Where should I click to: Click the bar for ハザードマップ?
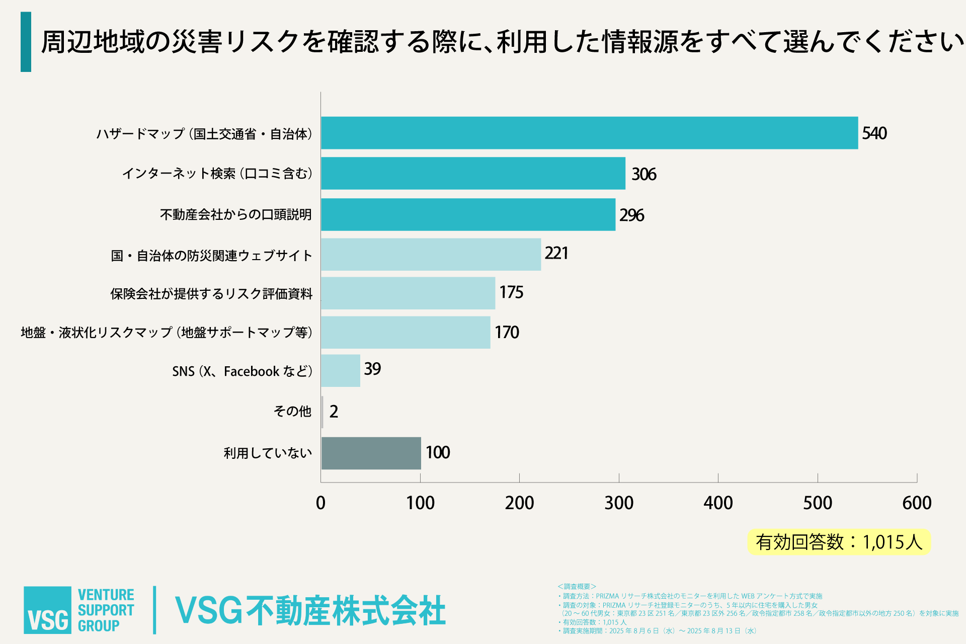(589, 133)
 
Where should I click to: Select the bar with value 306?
(473, 174)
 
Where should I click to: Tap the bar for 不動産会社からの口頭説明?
(468, 214)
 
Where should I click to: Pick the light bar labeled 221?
(431, 255)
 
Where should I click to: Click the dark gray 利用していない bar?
(371, 453)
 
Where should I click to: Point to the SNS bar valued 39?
(341, 371)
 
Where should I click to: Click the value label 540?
(874, 133)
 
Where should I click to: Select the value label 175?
(511, 292)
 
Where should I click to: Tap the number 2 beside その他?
(334, 412)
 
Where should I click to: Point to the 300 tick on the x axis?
(619, 503)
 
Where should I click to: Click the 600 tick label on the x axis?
(917, 503)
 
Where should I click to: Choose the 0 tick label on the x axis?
(320, 503)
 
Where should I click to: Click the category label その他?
(292, 412)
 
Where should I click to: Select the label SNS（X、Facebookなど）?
(242, 371)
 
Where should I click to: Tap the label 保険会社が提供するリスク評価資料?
(211, 294)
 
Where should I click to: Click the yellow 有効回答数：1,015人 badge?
(839, 542)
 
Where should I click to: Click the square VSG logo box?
(47, 610)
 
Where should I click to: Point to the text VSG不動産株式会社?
(310, 611)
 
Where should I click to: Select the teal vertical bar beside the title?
(26, 42)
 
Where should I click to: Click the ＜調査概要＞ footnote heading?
(577, 587)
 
